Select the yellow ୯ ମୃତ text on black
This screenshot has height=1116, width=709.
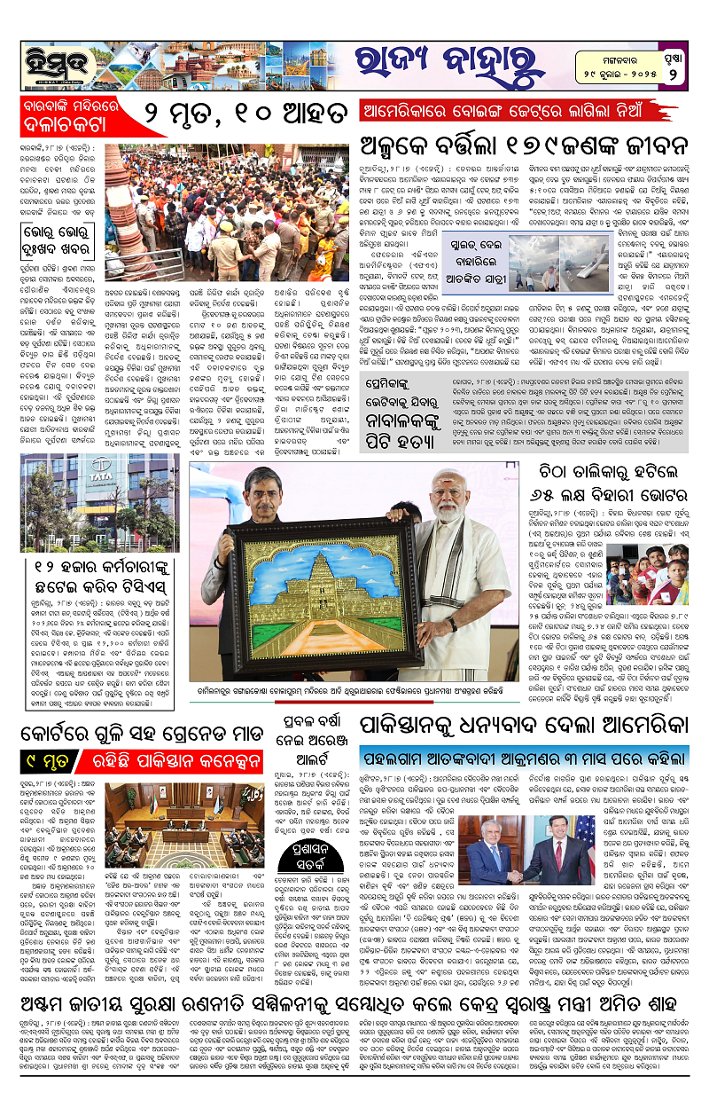(41, 758)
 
